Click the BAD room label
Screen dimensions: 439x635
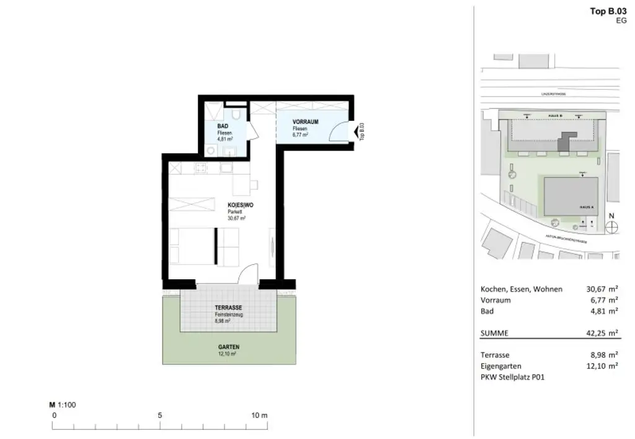coord(221,126)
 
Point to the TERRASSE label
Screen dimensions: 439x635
coord(228,308)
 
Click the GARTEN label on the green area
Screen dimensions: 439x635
coord(228,347)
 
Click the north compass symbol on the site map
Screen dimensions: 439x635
coord(611,227)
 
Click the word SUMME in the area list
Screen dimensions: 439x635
coord(494,333)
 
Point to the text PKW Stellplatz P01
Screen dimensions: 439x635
coord(512,376)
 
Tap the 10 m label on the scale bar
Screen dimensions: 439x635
coord(259,415)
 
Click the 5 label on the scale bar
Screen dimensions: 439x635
coord(160,415)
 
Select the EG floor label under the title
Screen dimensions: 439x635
coord(621,20)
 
